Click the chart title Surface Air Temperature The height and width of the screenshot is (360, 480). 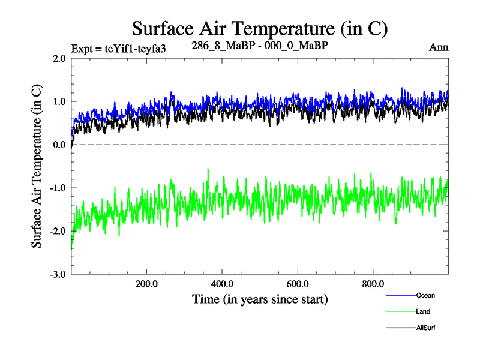click(260, 28)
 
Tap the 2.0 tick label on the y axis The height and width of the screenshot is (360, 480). click(59, 58)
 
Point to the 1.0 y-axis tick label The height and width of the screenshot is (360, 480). click(59, 101)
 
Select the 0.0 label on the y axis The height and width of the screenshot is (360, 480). click(59, 145)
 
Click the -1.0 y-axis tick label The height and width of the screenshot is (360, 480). click(58, 188)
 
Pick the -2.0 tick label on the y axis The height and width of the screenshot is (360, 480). click(58, 231)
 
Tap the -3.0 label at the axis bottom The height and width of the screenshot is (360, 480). click(58, 274)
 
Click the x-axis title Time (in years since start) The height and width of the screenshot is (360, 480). click(260, 298)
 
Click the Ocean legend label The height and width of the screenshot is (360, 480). click(425, 295)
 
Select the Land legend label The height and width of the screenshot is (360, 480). click(422, 311)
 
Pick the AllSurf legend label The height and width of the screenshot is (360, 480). click(425, 328)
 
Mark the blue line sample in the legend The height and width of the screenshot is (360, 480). click(399, 296)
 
